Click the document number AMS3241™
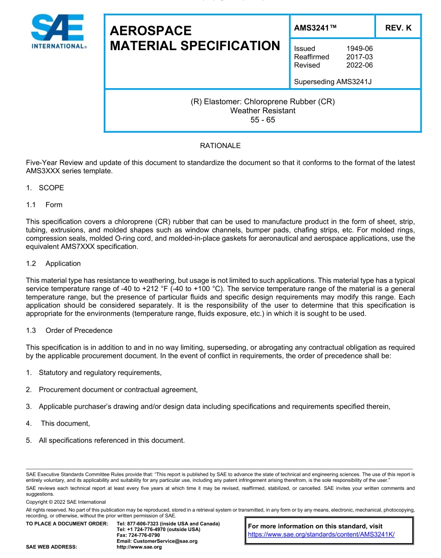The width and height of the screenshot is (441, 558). click(x=315, y=28)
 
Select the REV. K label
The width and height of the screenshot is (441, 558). click(x=398, y=28)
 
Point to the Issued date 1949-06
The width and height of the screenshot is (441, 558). click(x=359, y=48)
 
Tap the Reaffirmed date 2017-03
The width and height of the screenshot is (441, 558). click(x=359, y=57)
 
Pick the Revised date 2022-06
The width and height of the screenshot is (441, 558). click(x=359, y=65)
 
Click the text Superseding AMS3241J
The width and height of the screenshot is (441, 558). click(x=333, y=82)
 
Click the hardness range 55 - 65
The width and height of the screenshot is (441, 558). click(x=263, y=119)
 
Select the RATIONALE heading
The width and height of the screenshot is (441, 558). click(x=220, y=146)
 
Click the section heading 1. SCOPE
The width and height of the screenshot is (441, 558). click(x=45, y=188)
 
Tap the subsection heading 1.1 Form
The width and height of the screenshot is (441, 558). click(x=45, y=205)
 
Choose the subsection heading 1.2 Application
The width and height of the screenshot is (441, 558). click(x=53, y=263)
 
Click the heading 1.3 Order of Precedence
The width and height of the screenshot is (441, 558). click(x=69, y=331)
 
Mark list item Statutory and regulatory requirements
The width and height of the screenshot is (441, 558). click(x=100, y=373)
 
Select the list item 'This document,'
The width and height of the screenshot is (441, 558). click(x=65, y=423)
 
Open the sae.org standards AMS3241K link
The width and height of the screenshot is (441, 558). click(x=321, y=534)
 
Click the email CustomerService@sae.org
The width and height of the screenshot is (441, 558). click(x=157, y=541)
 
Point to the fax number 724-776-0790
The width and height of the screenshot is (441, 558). click(x=138, y=535)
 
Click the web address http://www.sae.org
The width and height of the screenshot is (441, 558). click(x=139, y=547)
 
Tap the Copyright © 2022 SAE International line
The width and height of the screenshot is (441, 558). click(x=66, y=502)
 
